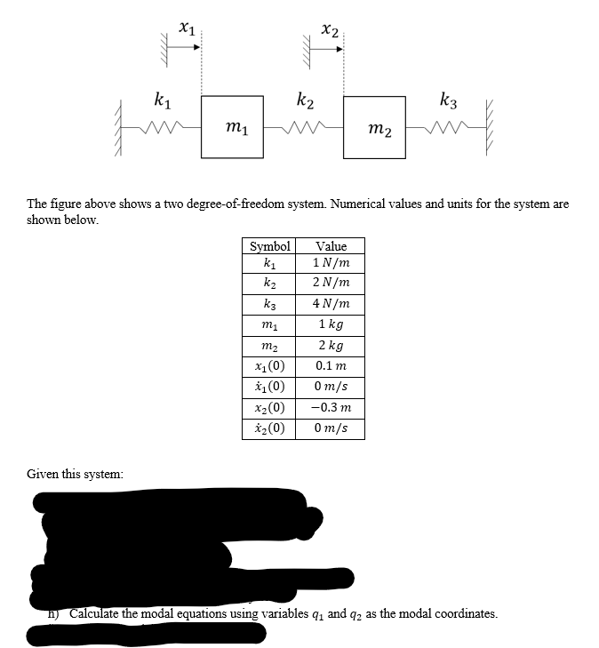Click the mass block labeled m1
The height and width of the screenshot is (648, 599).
coord(232,127)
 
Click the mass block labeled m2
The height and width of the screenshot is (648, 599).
coord(374,127)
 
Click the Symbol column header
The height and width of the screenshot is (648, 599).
coord(269,246)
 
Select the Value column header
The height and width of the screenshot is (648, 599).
coord(331,246)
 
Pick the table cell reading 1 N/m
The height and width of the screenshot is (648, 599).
coord(331,263)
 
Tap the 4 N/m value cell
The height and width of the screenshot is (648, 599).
coord(331,303)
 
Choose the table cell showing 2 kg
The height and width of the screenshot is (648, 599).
coord(331,346)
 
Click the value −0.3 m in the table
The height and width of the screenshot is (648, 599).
coord(331,408)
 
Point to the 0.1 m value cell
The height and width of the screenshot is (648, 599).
coord(331,366)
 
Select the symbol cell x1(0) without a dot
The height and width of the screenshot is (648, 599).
coord(269,366)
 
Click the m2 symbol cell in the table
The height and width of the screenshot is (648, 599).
coord(269,346)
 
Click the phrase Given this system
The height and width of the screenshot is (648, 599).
coord(75,474)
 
